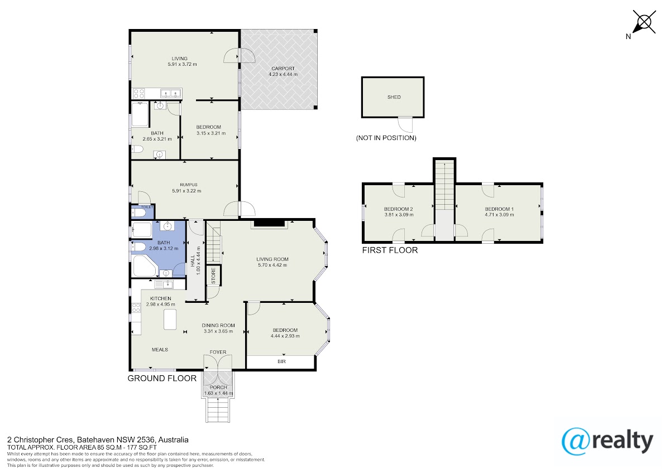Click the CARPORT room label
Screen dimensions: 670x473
[x=283, y=69]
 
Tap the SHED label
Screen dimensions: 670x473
[x=394, y=97]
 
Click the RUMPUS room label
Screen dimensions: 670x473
[x=189, y=185]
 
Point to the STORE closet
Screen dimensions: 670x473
[x=213, y=275]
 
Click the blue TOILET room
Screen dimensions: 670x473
[x=143, y=211]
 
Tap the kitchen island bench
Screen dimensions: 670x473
[x=170, y=320]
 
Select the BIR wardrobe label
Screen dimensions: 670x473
[x=281, y=361]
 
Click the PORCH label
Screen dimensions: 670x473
[x=218, y=387]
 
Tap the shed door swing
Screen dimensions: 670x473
[x=405, y=124]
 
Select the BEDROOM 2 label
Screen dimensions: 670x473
[x=399, y=209]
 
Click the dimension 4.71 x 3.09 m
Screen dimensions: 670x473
[x=499, y=215]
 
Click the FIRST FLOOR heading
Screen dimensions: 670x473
[x=390, y=250]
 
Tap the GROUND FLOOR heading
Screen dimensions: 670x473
[x=162, y=378]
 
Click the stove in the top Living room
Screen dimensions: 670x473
[x=138, y=93]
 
